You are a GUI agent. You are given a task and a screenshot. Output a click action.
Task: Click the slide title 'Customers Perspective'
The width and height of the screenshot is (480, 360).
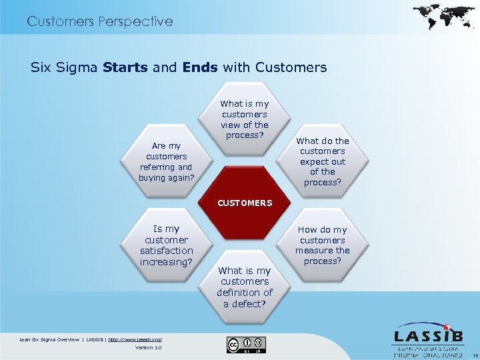coord(100,21)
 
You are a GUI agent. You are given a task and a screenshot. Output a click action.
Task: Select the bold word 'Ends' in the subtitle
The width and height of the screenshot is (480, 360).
coord(202,67)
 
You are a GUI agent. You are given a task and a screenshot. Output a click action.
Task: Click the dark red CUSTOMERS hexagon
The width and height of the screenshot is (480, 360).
coord(245,203)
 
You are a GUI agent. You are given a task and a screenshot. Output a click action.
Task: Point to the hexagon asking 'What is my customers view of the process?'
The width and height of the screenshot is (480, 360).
coord(245,119)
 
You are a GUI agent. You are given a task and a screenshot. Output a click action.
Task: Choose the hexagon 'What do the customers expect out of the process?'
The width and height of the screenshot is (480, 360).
coord(322,161)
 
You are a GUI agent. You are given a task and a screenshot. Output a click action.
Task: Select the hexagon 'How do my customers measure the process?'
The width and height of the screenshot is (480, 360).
coord(322,245)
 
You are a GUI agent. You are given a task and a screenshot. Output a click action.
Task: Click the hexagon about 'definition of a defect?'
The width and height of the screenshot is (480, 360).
coord(245,287)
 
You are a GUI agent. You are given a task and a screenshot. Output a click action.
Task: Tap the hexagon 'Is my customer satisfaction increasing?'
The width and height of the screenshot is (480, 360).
coord(167,245)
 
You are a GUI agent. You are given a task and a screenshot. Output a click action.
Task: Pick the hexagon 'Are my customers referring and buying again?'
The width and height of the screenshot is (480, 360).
coord(167,161)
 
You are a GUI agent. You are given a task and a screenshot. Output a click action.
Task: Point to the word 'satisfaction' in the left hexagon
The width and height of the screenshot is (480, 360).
coord(167,251)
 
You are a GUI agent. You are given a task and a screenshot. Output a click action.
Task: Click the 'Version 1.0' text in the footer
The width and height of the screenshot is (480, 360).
coord(148,347)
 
